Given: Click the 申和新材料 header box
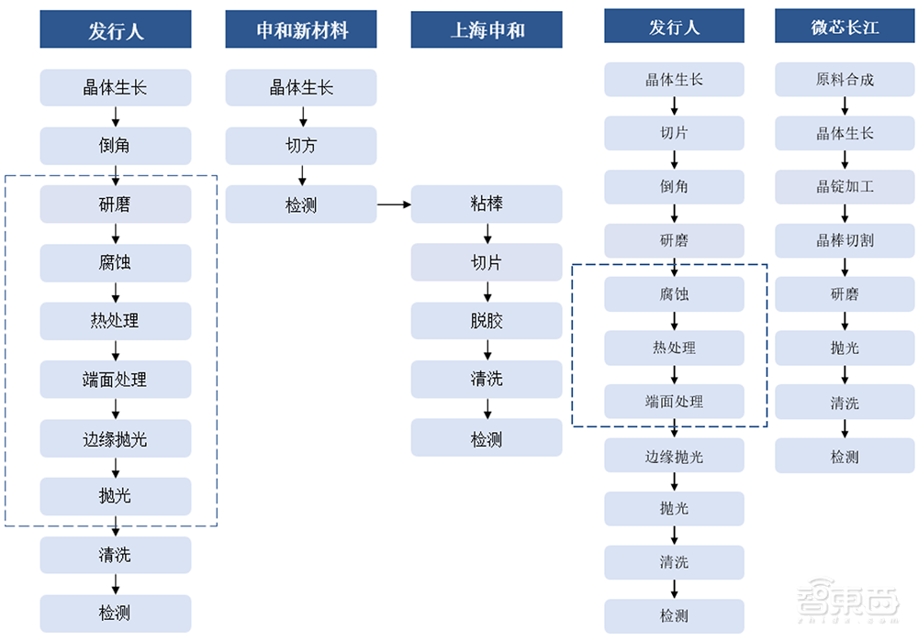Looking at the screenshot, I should click(301, 30).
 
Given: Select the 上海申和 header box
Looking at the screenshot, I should click(487, 30).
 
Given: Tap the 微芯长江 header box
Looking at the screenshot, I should click(845, 27).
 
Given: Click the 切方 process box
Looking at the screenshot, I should click(301, 146).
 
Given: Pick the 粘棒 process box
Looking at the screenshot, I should click(487, 204).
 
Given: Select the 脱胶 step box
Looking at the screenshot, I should click(487, 321).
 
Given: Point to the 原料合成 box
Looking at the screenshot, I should click(845, 80).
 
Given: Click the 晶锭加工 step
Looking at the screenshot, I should click(845, 187).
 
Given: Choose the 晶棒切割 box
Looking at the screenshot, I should click(845, 240).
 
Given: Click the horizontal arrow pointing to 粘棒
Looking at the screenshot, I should click(394, 204).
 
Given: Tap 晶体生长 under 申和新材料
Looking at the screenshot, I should click(301, 88).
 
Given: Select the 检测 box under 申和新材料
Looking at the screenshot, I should click(301, 204).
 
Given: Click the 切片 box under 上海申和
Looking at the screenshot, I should click(487, 262).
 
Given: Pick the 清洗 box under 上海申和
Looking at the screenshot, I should click(487, 379).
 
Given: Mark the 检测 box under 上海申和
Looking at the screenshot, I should click(487, 438).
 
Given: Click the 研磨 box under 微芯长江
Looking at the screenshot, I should click(845, 294).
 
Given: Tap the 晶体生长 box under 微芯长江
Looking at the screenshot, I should click(845, 133).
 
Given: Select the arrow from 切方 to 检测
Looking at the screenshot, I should click(301, 175).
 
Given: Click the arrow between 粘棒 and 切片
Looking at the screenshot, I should click(487, 233).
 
